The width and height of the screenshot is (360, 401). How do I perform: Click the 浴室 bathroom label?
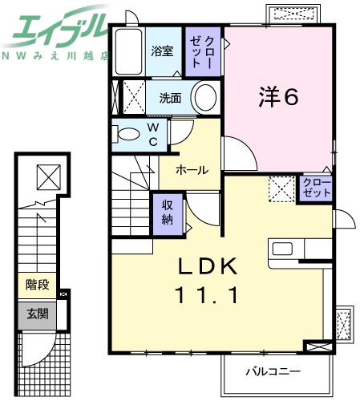pyautogui.click(x=163, y=52)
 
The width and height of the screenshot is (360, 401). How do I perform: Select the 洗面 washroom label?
pyautogui.click(x=170, y=99)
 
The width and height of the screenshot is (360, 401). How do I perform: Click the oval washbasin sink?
pyautogui.click(x=205, y=100)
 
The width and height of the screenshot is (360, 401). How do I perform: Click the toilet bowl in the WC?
pyautogui.click(x=127, y=133)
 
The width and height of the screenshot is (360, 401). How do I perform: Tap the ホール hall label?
pyautogui.click(x=192, y=170)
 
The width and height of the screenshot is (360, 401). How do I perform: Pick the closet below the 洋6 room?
pyautogui.click(x=315, y=189)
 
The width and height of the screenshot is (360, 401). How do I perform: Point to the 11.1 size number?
pyautogui.click(x=206, y=295)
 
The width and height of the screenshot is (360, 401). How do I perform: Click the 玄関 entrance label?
pyautogui.click(x=37, y=314)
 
